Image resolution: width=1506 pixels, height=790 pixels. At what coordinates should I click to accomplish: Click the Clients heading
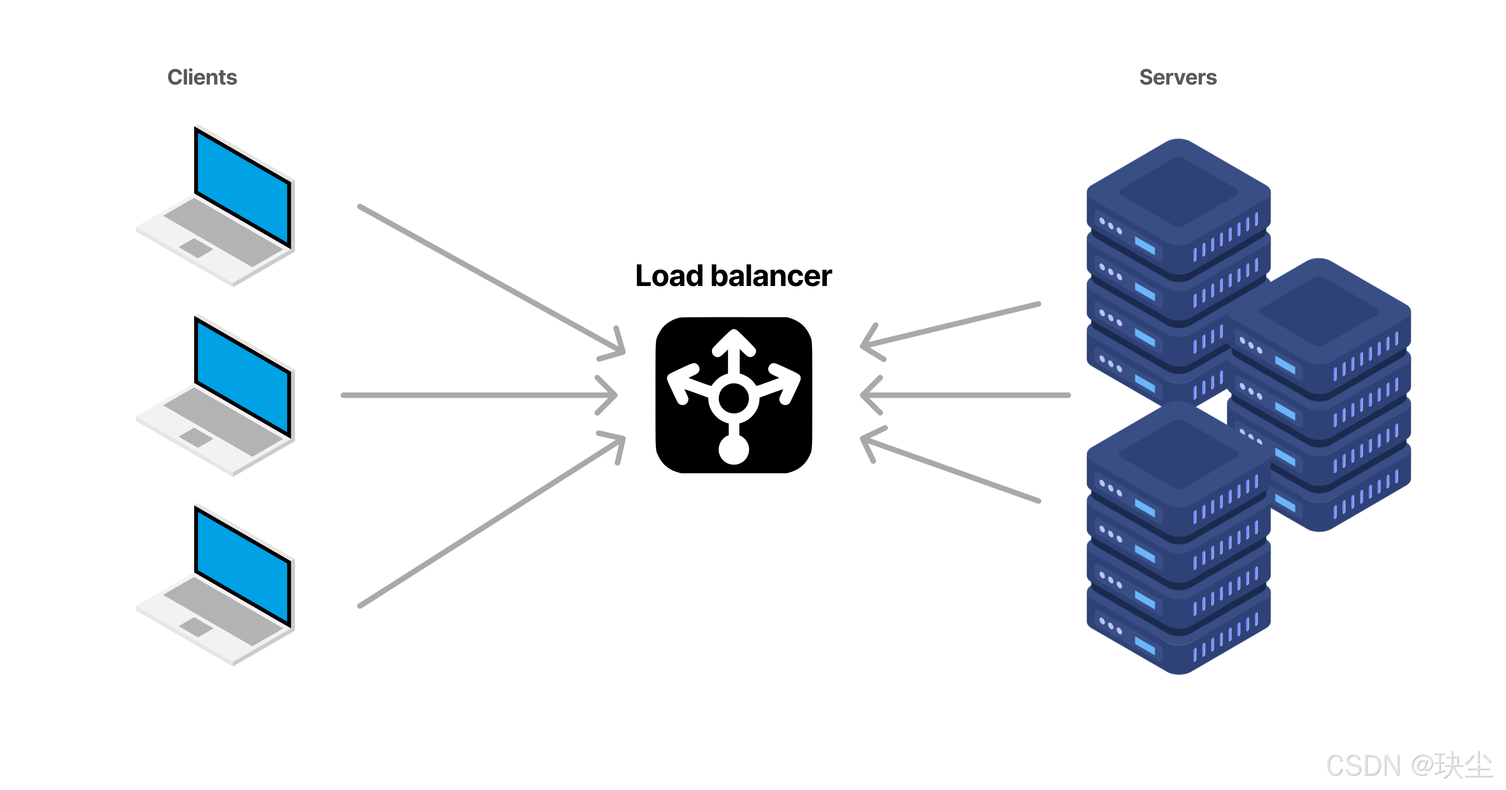[202, 77]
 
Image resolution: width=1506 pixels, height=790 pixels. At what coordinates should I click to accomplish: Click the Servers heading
[1178, 77]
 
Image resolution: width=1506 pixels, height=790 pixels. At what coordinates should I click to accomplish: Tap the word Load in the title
[668, 276]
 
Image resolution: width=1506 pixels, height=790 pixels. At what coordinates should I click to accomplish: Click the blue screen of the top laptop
[243, 187]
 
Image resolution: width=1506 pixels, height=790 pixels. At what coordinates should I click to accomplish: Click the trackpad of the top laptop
[196, 247]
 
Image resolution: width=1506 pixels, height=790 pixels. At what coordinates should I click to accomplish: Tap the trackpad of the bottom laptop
[196, 627]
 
